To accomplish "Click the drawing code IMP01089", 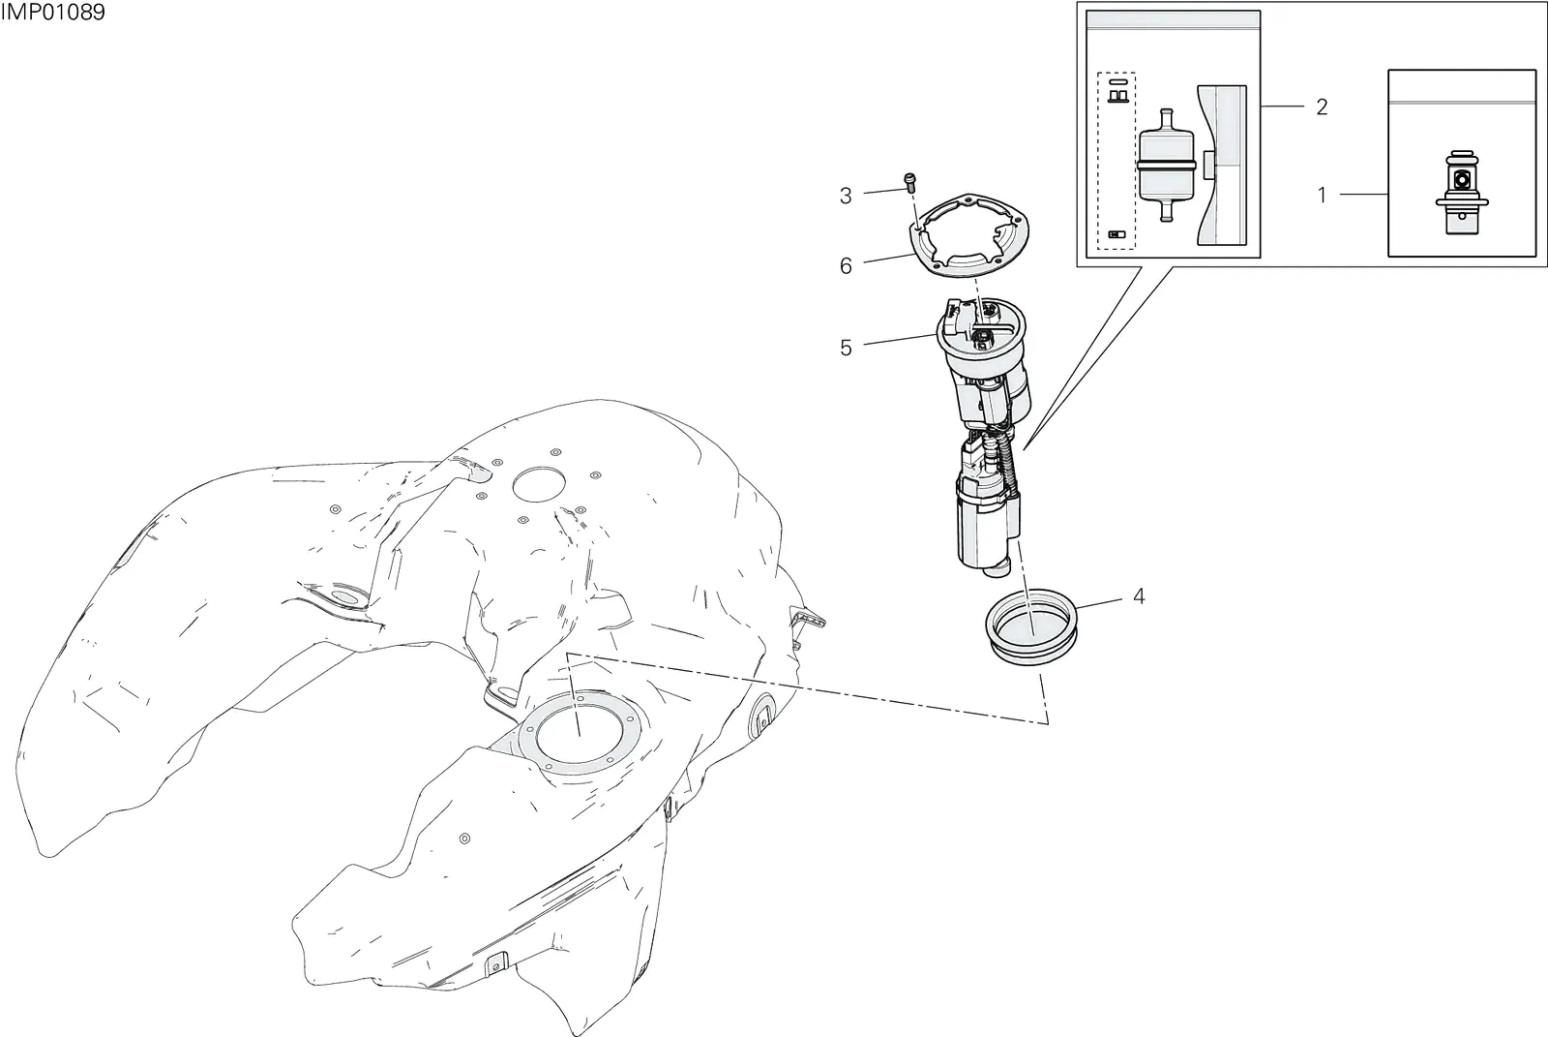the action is click(52, 12).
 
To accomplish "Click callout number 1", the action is click(1322, 195).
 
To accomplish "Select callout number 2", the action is click(1322, 107).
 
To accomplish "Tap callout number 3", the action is click(846, 196).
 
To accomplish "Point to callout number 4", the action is click(1139, 595).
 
